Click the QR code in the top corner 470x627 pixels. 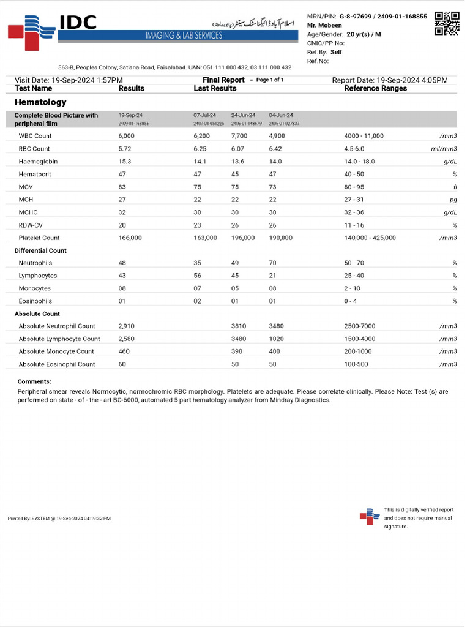[x=447, y=23]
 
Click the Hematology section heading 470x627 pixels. [x=40, y=102]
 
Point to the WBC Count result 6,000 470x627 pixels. [x=127, y=136]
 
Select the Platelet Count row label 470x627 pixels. [x=39, y=238]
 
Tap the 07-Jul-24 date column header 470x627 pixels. [x=204, y=115]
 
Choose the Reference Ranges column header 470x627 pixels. [x=375, y=89]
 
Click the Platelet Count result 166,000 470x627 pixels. [x=130, y=238]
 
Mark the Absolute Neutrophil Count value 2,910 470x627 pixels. [x=127, y=326]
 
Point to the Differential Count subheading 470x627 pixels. [x=40, y=250]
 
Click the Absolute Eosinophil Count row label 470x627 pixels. [x=57, y=364]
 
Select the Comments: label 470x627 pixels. [x=34, y=381]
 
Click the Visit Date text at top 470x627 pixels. [x=69, y=80]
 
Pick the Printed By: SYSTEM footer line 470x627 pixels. [x=59, y=519]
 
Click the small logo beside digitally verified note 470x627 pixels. [x=369, y=517]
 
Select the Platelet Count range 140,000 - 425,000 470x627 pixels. [x=370, y=238]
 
